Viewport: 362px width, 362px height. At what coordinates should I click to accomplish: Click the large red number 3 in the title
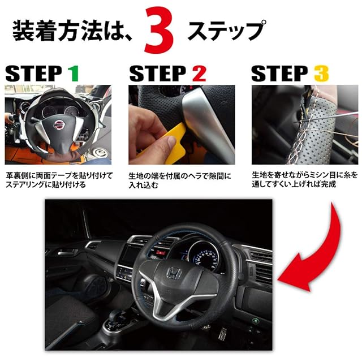[x=159, y=30]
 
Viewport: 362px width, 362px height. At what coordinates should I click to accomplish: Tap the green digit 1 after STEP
[x=73, y=74]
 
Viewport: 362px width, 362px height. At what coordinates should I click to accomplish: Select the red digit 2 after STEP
[x=199, y=74]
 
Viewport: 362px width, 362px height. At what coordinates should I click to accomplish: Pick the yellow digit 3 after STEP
[x=321, y=74]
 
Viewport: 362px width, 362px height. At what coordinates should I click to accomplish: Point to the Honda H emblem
[x=174, y=273]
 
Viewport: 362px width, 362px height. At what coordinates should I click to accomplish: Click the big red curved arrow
[x=316, y=252]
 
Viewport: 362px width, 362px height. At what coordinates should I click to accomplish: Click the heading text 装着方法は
[x=69, y=31]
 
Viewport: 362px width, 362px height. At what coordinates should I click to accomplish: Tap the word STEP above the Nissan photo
[x=34, y=74]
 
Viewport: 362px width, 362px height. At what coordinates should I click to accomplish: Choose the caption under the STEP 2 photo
[x=180, y=180]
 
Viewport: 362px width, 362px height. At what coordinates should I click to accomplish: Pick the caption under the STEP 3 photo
[x=305, y=180]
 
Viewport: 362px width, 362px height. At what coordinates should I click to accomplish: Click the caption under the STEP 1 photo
[x=59, y=180]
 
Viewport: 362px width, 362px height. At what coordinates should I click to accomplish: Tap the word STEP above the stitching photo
[x=280, y=74]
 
